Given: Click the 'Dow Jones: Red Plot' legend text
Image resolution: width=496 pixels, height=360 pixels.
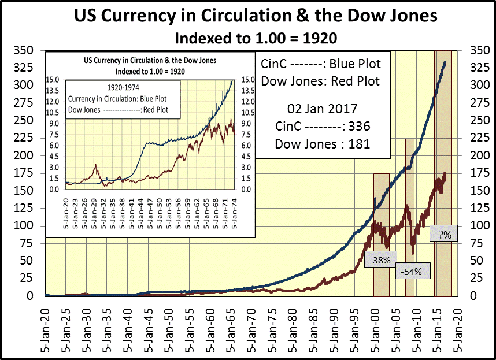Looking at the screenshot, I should click(x=321, y=81).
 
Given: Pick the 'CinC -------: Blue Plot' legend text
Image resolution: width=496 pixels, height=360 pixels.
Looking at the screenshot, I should click(x=321, y=62).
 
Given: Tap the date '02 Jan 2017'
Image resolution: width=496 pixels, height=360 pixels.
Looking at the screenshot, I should click(x=320, y=109).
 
